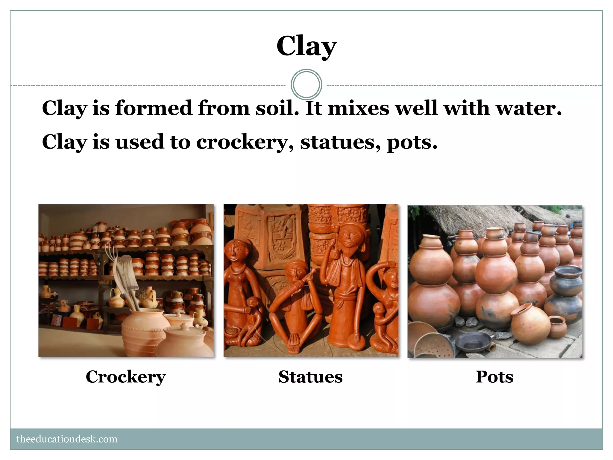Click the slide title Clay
click(306, 46)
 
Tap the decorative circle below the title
click(306, 85)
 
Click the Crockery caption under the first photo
click(126, 377)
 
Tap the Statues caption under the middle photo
click(310, 377)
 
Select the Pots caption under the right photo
click(494, 377)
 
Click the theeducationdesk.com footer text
click(67, 439)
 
